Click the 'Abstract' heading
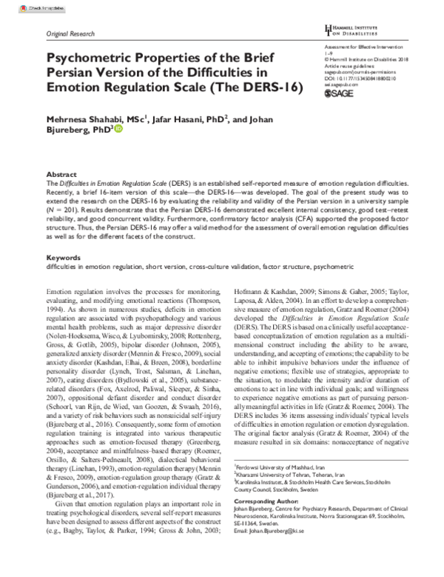pyautogui.click(x=61, y=173)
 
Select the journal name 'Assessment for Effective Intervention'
pyautogui.click(x=368, y=47)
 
